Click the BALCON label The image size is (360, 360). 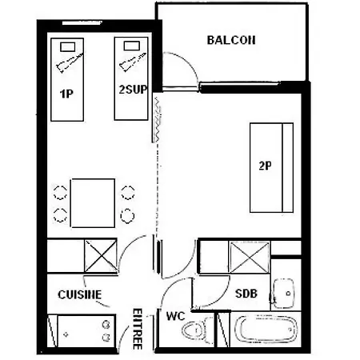tap(231, 40)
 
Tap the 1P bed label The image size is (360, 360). tap(66, 94)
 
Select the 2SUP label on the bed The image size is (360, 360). tap(133, 90)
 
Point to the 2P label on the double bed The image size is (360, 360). tap(266, 166)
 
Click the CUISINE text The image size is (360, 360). tap(80, 294)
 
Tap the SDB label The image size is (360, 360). tap(246, 294)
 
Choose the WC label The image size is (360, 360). tap(175, 316)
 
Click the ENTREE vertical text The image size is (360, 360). tap(138, 329)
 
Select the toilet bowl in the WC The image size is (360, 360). tap(196, 330)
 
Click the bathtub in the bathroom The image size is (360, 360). tap(266, 330)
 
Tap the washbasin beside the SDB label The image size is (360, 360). tap(284, 294)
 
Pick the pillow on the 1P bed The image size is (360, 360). tap(68, 47)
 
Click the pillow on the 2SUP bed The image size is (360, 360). tap(132, 46)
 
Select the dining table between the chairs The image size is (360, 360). tap(93, 203)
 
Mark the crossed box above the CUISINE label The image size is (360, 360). tap(101, 256)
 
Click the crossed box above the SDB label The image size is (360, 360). tap(250, 258)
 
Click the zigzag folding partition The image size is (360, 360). tap(158, 119)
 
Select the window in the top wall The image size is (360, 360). tap(82, 23)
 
